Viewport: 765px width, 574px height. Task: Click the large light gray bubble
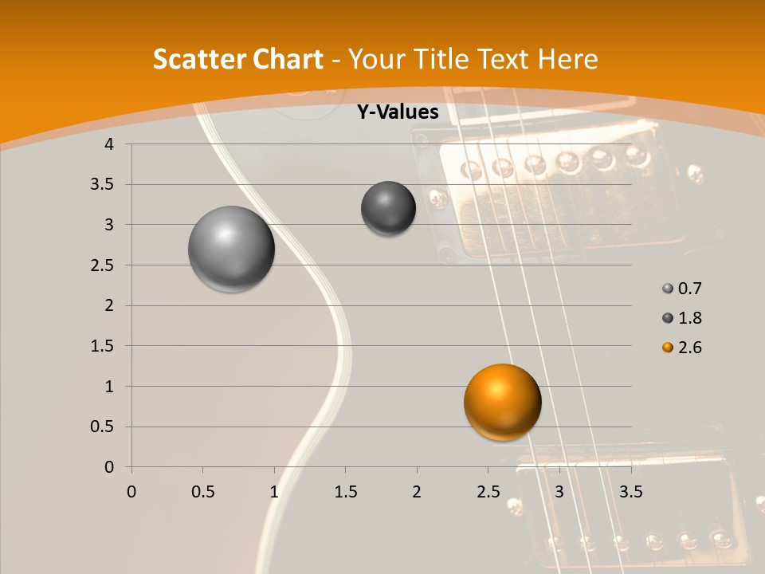[231, 249]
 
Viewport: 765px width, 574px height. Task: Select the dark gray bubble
[388, 208]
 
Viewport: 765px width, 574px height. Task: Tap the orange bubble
[502, 402]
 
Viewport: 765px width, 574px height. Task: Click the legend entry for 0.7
[682, 289]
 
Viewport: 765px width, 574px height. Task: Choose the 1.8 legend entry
[682, 318]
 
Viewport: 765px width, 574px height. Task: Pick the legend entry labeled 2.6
[682, 348]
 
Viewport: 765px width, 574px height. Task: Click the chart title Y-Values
[397, 112]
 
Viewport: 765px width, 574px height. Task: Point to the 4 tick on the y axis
[110, 144]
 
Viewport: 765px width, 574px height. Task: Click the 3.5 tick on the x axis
[630, 491]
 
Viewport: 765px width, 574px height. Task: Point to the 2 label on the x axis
[417, 491]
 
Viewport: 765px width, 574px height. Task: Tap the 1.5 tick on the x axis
[345, 491]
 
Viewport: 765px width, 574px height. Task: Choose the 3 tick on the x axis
[559, 491]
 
